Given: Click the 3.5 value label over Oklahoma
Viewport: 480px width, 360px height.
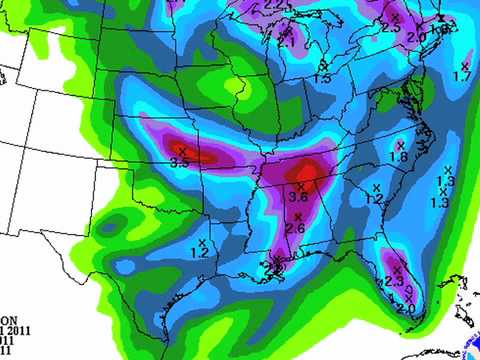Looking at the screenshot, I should coord(180,161).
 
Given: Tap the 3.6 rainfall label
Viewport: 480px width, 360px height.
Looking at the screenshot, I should coord(298,197).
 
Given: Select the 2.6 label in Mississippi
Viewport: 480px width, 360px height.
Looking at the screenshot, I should coord(295,229).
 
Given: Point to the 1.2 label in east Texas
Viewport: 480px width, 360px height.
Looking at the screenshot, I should coord(199,254).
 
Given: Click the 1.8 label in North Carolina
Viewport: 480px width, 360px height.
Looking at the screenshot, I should coord(399,157).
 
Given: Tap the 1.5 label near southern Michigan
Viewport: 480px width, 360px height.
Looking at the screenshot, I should coord(322,78).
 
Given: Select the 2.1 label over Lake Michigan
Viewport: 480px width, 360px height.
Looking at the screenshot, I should coord(287,42).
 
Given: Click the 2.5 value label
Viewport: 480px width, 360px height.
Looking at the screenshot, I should coord(390,29).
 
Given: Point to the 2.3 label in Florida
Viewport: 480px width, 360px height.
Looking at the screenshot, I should coord(394,283).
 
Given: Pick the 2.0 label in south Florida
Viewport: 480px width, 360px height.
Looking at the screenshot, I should coord(405,309).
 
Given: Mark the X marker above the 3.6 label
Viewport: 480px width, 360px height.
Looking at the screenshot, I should coord(301,186).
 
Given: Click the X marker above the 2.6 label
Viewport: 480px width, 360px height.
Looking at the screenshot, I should coord(298,217).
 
